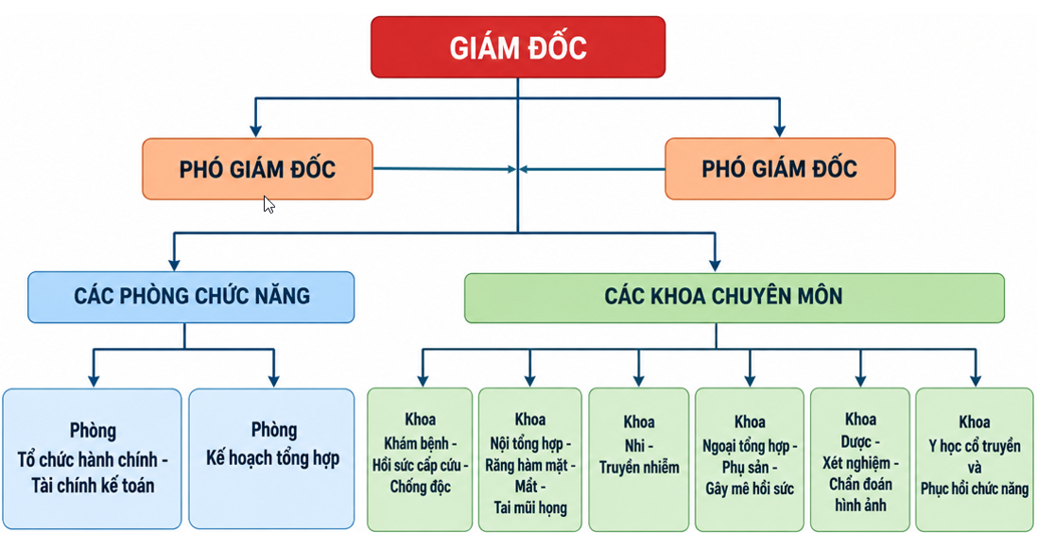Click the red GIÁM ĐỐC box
(x=518, y=47)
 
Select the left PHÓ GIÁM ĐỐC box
(x=257, y=169)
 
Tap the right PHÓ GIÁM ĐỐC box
(x=780, y=169)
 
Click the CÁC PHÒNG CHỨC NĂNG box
(x=191, y=298)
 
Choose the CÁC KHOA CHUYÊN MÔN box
(x=735, y=298)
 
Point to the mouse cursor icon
(x=268, y=204)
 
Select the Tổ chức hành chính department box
(x=92, y=458)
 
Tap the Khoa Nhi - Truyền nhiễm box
(x=639, y=459)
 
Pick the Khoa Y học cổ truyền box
(x=975, y=459)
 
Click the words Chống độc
(x=421, y=488)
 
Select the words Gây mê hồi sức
(x=750, y=490)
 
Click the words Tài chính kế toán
(x=93, y=486)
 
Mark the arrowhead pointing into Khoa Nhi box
(x=639, y=380)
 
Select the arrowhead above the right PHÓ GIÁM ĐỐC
(x=780, y=130)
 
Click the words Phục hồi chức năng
(x=975, y=490)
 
